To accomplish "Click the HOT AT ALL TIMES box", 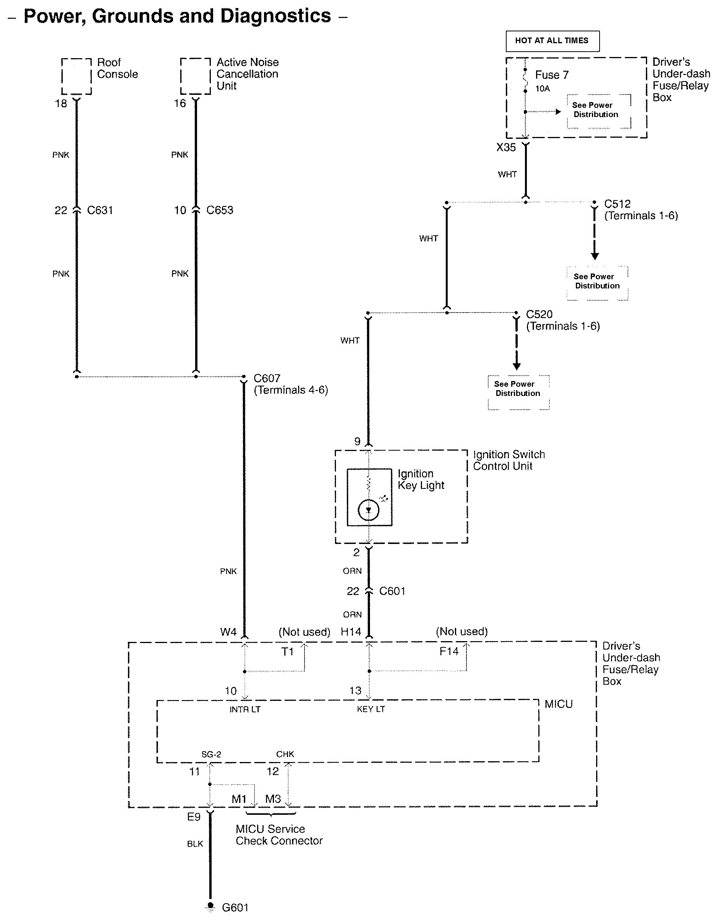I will (552, 41).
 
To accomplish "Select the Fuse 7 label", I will (552, 75).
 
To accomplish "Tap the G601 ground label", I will (235, 907).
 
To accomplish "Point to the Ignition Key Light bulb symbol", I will (368, 510).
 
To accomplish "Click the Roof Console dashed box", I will (76, 76).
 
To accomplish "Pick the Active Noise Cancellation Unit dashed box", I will (196, 76).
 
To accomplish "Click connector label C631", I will (99, 210).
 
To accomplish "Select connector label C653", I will (220, 210).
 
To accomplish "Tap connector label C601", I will (392, 591).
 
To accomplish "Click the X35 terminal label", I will (506, 148).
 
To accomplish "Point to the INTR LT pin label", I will (245, 709).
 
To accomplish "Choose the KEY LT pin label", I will (371, 709).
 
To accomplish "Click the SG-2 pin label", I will (211, 754).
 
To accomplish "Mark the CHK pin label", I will (285, 754).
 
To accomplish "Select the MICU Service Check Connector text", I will (279, 835).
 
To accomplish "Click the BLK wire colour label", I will (195, 844).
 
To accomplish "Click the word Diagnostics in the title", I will (275, 16).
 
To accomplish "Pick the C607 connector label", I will (267, 378).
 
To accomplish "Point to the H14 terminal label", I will (351, 632).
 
